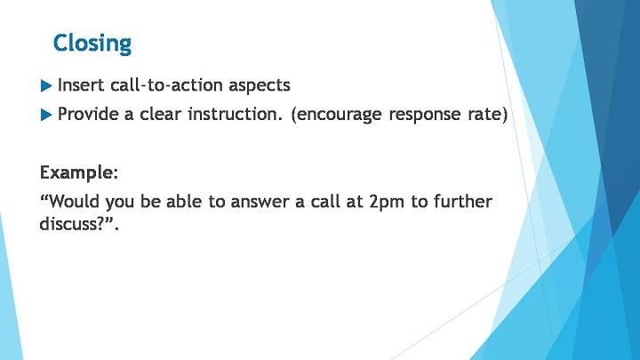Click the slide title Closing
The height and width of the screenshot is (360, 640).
click(92, 44)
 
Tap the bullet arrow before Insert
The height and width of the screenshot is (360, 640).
click(46, 86)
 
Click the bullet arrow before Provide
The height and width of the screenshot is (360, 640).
click(46, 115)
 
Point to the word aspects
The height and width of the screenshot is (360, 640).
click(260, 86)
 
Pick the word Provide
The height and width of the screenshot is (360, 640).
click(88, 114)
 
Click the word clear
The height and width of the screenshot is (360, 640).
click(160, 114)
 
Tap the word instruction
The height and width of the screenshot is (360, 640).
click(235, 114)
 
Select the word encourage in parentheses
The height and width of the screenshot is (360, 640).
click(337, 115)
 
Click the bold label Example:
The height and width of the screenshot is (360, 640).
click(79, 173)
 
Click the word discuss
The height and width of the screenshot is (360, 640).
click(68, 223)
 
